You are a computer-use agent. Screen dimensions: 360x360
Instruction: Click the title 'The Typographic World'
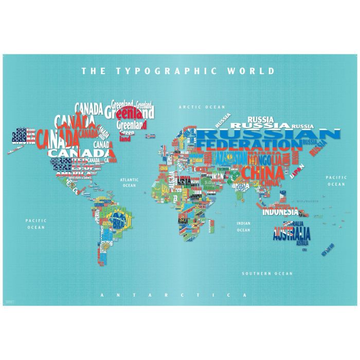pos(178,71)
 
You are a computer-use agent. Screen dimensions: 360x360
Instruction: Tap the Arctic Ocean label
pos(202,107)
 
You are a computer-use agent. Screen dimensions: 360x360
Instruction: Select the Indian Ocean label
pos(243,227)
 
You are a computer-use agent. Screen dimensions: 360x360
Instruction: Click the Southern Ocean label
pos(267,274)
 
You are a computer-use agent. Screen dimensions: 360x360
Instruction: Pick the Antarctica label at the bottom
pos(174,295)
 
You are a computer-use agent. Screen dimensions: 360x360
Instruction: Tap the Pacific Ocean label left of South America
pos(36,224)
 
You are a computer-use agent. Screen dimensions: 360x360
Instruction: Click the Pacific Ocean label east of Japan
pos(336,181)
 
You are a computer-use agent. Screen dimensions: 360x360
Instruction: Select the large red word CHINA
pos(262,172)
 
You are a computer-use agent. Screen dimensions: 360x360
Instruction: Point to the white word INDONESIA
pos(280,211)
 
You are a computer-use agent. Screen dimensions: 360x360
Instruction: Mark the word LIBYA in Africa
pos(185,180)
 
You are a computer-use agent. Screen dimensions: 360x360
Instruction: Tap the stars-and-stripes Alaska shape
pos(24,136)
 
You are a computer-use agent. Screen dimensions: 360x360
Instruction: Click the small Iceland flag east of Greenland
pos(150,137)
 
